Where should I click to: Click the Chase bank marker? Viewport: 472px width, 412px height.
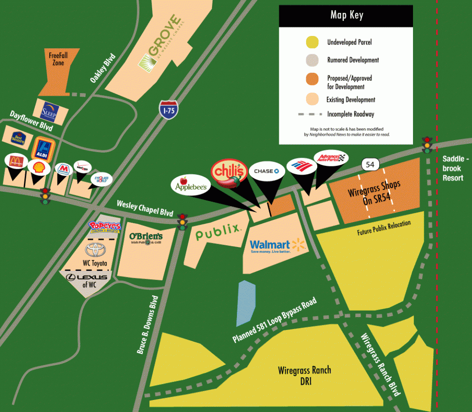point(267,171)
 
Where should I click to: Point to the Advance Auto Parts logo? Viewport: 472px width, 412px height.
point(330,158)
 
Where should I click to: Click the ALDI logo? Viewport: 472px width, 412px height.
point(43,148)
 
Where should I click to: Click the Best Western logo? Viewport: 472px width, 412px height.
point(18,137)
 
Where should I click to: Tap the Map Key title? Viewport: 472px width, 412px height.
point(347,15)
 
